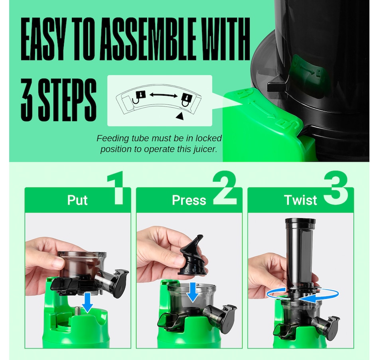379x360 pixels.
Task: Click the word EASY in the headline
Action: pos(42,39)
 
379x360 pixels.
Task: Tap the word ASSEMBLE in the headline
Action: pos(148,39)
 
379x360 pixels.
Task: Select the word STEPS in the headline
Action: pos(67,100)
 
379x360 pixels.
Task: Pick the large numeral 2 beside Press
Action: pos(224,188)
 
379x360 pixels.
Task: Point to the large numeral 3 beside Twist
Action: pos(336,188)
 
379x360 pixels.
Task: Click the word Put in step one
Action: pos(77,200)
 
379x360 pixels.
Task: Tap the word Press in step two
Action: pos(189,200)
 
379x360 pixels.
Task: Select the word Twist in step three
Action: pos(300,200)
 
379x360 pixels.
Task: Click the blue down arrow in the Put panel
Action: pos(87,303)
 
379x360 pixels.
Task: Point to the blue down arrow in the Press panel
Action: pos(193,291)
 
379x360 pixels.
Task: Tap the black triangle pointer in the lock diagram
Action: pos(180,116)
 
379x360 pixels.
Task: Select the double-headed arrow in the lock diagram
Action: pos(164,95)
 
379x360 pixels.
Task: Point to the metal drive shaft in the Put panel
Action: pos(79,311)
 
